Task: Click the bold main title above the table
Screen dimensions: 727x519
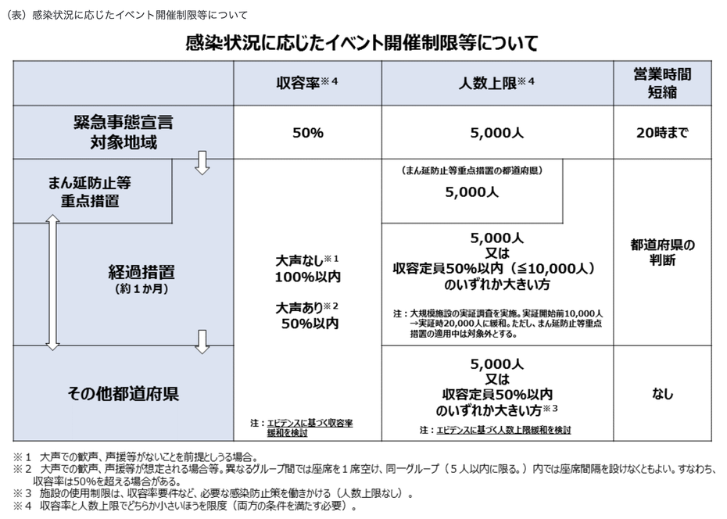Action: coord(362,43)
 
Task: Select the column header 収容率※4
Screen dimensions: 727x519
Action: coord(307,83)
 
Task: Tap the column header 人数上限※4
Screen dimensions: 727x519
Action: coord(496,83)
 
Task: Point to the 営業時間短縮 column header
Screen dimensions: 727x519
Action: coord(662,83)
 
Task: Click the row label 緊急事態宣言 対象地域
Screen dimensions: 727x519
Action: coord(124,132)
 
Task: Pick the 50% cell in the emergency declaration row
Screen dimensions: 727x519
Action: coord(308,133)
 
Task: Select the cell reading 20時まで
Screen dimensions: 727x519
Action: coord(662,133)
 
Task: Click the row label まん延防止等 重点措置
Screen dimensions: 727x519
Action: coord(89,191)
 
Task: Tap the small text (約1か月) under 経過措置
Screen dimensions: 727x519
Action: coord(141,288)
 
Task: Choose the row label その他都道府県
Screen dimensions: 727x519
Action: coord(124,393)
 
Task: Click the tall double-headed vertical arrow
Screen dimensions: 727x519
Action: coord(53,282)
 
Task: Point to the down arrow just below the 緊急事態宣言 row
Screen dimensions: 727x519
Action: coord(202,163)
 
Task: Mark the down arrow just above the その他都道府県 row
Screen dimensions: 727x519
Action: coord(202,342)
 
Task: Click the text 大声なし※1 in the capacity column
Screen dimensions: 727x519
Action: coord(307,260)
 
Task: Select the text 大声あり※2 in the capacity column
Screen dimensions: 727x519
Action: coord(307,307)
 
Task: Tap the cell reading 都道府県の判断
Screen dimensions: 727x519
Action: coord(663,252)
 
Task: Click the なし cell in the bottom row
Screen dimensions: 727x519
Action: coord(662,394)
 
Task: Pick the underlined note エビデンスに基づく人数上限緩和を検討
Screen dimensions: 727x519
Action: coord(503,430)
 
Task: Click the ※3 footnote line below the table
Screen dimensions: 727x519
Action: coord(213,493)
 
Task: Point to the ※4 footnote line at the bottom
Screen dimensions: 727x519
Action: coord(185,506)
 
